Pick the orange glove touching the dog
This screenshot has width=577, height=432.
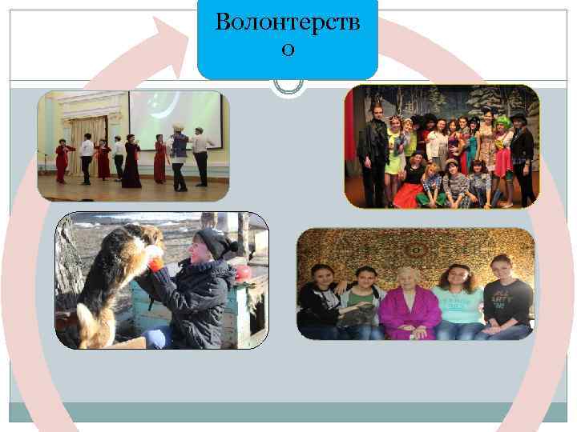155,263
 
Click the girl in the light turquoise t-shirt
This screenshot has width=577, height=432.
459,304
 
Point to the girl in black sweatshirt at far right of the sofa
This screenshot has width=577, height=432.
506,300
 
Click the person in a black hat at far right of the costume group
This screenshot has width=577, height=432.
522,156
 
